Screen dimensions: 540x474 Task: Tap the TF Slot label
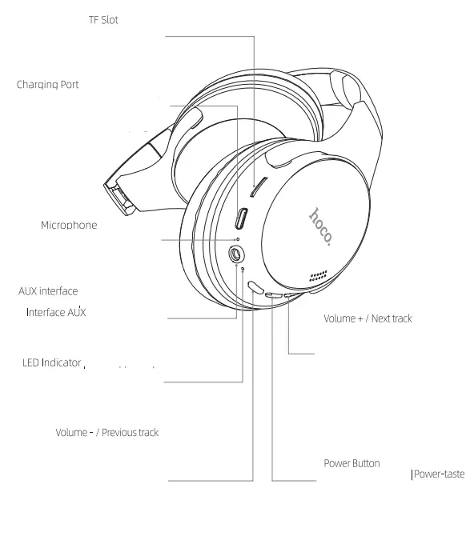103,20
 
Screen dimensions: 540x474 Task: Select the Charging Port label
48,84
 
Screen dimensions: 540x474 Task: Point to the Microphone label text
69,226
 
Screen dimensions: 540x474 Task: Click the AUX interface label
48,291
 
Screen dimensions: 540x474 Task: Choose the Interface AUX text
56,312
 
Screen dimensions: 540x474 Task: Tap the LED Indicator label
52,363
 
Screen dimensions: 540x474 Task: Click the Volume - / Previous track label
106,433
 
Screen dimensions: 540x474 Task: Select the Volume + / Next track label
368,318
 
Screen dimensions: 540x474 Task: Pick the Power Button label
351,463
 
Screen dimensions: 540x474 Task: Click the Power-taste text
439,474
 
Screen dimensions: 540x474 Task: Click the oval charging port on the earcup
241,218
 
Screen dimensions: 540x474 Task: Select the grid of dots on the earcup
319,276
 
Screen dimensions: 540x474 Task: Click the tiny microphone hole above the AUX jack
237,239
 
